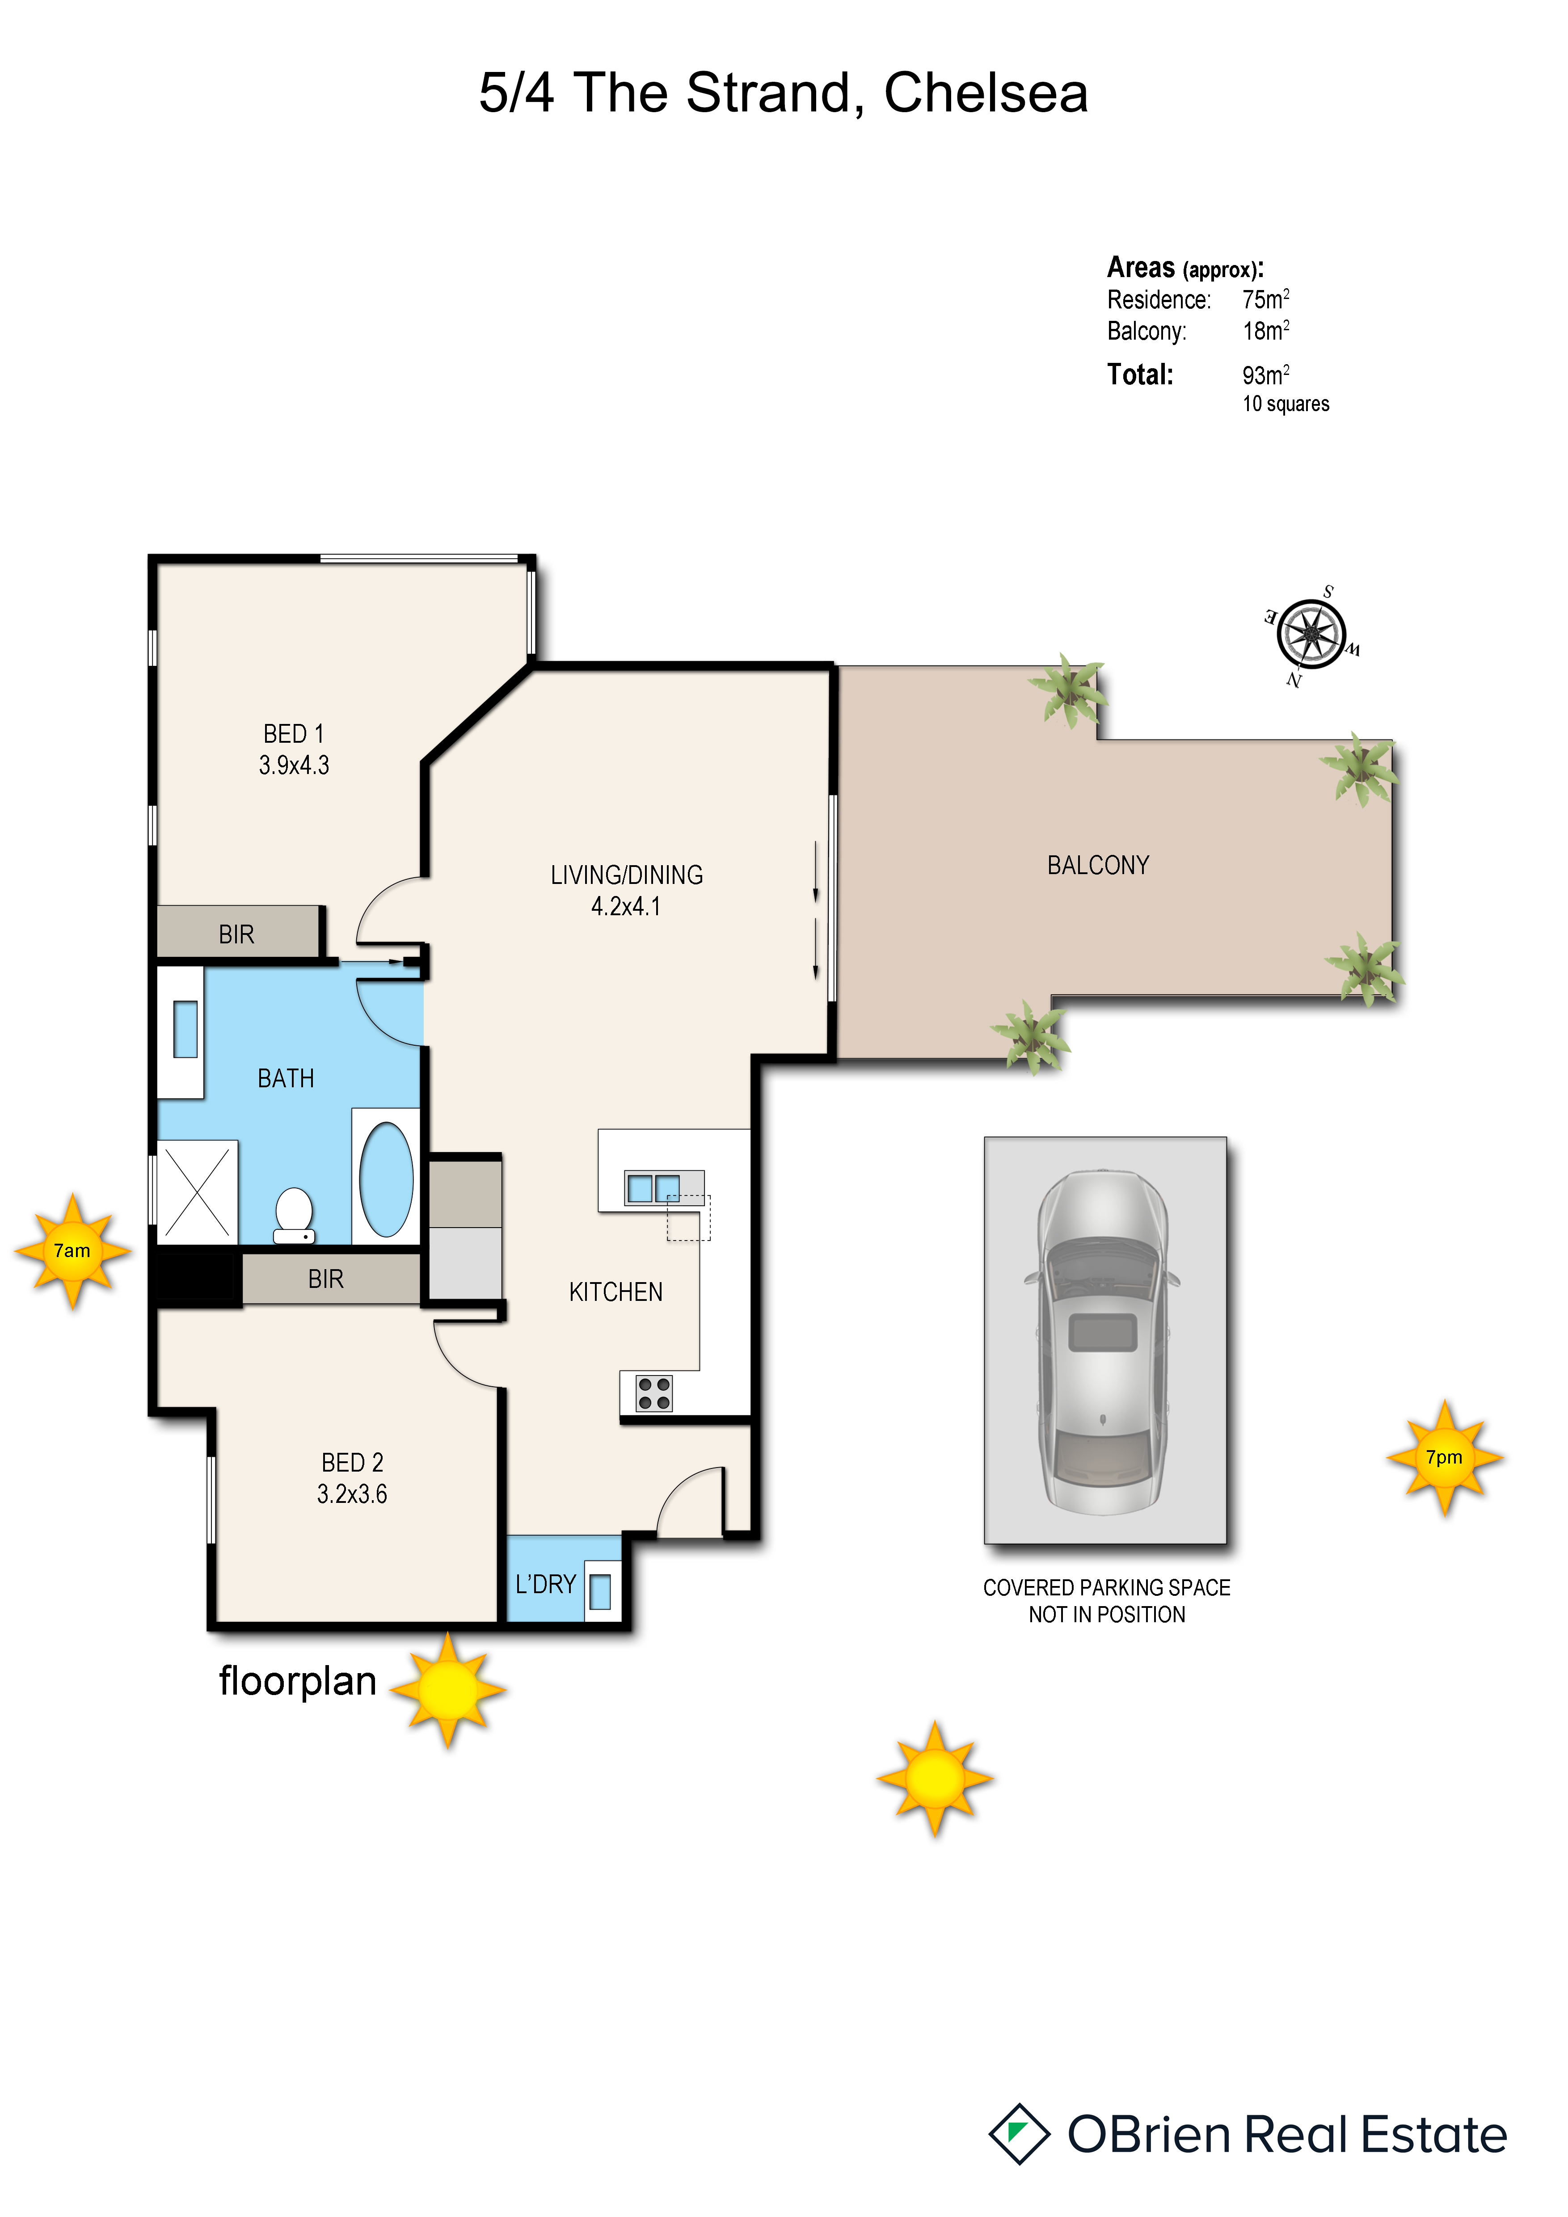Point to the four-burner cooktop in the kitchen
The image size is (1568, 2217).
[653, 1393]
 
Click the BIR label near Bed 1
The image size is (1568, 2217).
[236, 935]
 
